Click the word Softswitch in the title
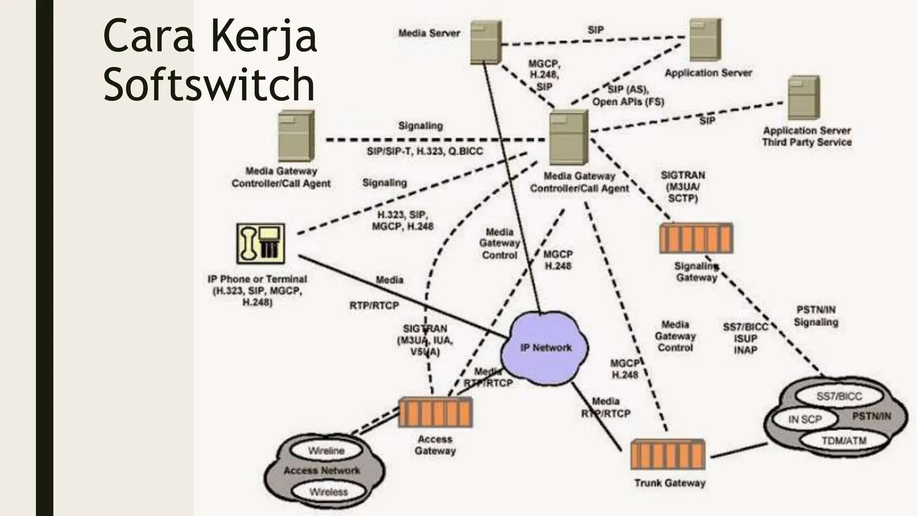pos(209,84)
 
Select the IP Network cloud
pos(545,348)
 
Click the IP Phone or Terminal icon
pos(261,244)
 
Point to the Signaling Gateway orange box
pos(696,238)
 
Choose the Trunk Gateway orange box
pos(667,454)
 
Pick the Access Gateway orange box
pos(435,412)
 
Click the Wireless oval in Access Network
pos(328,492)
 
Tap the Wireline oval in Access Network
pos(326,451)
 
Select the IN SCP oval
pos(805,419)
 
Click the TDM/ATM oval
pos(844,441)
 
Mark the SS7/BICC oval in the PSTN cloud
pos(839,396)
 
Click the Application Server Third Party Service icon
pos(804,97)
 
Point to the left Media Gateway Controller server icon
pos(296,136)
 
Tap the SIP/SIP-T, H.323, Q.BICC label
pos(424,151)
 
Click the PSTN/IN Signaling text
pos(816,316)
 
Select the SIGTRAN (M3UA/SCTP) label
pos(682,186)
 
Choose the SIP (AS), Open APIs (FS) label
pos(628,96)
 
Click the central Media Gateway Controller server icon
pos(568,137)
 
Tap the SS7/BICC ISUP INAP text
pos(745,339)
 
